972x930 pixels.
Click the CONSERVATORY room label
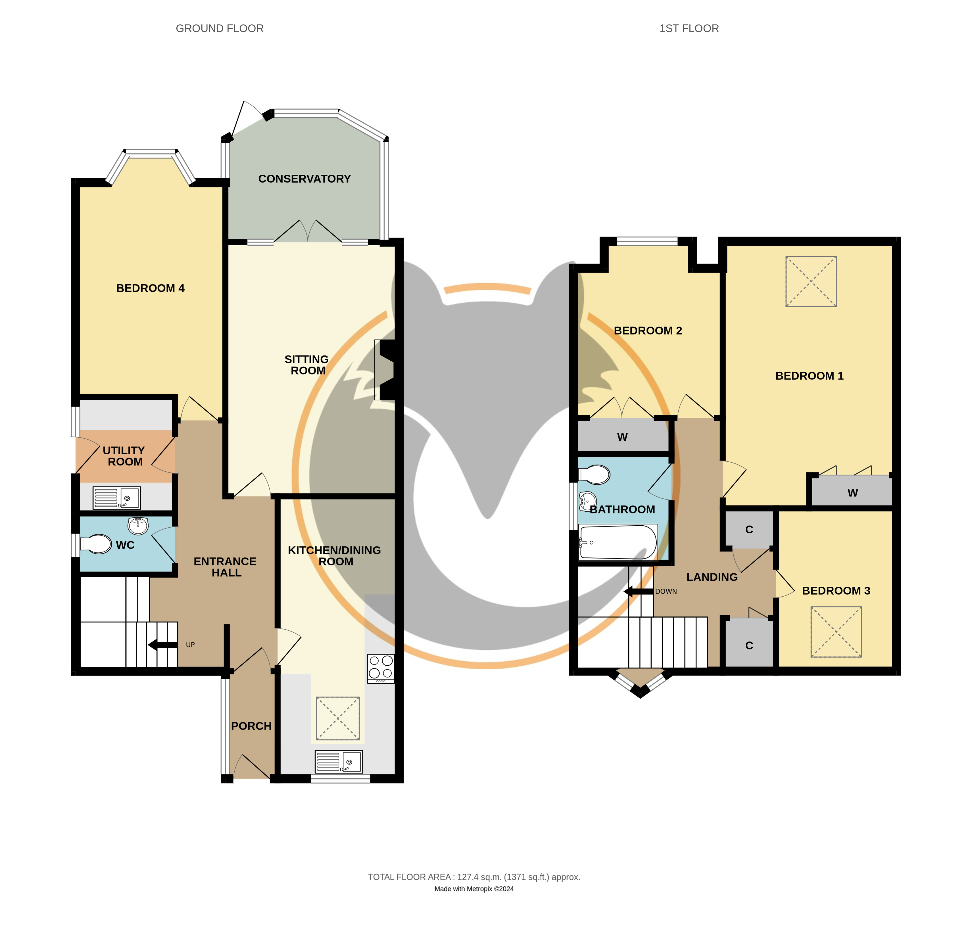click(x=304, y=179)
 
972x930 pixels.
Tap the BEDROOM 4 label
click(x=150, y=289)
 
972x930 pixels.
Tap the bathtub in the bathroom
click(x=618, y=542)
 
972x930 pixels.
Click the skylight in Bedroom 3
click(x=836, y=632)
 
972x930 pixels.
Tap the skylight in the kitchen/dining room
click(x=338, y=718)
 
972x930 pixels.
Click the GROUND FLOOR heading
click(x=220, y=29)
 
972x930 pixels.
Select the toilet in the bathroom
click(x=594, y=475)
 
